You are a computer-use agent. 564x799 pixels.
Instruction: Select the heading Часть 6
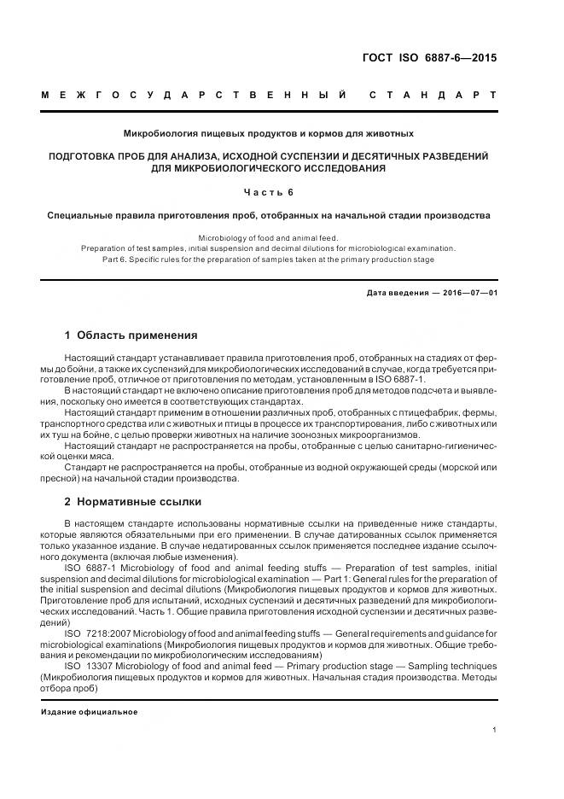tap(268, 192)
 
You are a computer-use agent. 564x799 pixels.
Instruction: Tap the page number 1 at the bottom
tap(495, 729)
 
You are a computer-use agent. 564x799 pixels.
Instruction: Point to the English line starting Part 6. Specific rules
tap(268, 259)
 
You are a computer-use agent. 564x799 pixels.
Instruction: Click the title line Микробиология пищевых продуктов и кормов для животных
tap(268, 133)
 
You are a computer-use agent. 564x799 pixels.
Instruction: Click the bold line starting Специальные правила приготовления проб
tap(268, 216)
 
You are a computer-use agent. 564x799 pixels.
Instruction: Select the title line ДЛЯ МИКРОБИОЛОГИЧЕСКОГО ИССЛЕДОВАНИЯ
tap(268, 168)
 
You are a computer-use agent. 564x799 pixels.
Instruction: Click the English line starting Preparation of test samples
tap(268, 248)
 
